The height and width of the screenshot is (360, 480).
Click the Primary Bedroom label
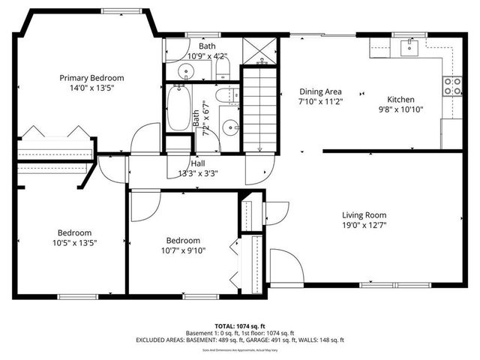(91, 77)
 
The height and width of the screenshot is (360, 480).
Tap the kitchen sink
(409, 48)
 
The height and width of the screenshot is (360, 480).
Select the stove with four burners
(452, 85)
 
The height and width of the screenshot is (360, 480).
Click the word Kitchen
(400, 99)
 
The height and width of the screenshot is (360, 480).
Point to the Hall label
(198, 163)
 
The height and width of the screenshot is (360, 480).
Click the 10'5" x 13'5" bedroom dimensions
(74, 242)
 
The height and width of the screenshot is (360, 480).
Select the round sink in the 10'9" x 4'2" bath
(185, 71)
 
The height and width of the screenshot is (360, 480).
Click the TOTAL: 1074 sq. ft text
(239, 325)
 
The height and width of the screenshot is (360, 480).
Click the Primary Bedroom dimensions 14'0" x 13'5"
(91, 87)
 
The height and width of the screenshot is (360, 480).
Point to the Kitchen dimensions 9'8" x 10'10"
(400, 109)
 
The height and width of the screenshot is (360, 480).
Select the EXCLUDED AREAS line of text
(239, 340)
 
